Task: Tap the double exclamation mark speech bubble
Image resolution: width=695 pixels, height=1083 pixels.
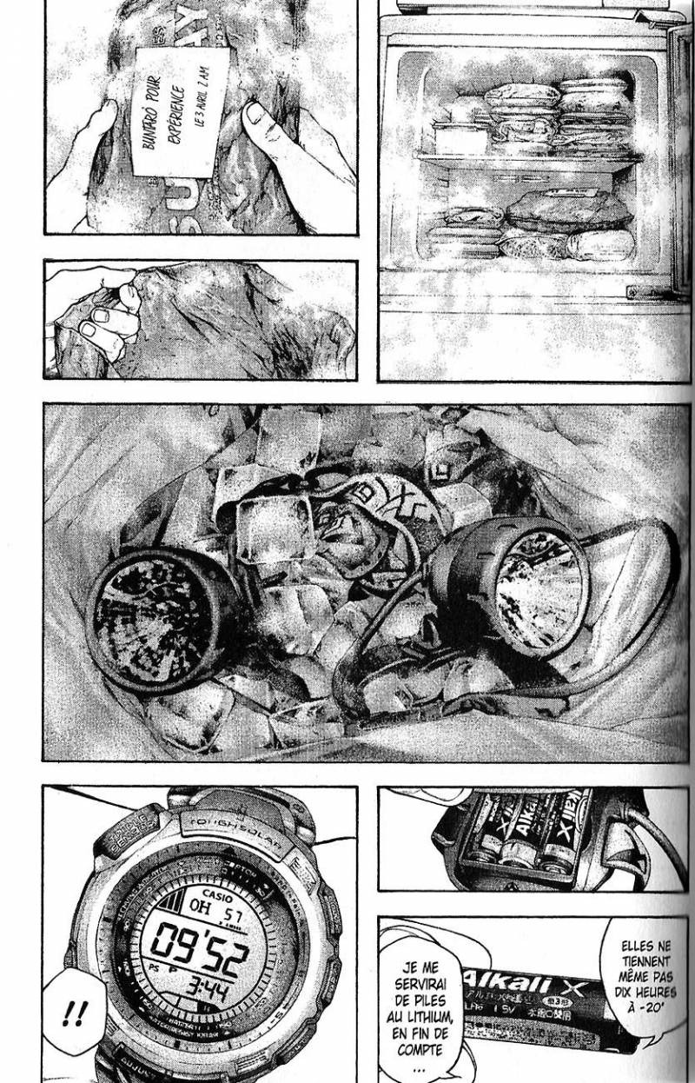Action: (76, 1013)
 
